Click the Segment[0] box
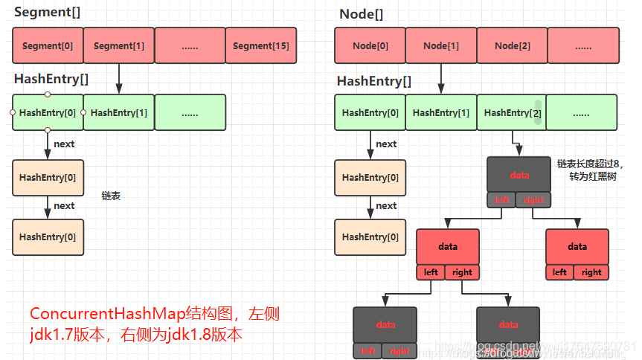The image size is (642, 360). click(48, 46)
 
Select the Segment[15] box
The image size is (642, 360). click(260, 46)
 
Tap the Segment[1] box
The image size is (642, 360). click(119, 46)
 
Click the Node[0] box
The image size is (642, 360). click(370, 46)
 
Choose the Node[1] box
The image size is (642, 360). click(441, 46)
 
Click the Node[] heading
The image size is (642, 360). click(362, 14)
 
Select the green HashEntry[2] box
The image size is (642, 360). click(510, 113)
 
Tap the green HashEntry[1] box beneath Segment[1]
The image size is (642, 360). click(119, 113)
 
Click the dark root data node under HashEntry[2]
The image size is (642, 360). click(519, 175)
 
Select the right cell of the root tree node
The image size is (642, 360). click(534, 200)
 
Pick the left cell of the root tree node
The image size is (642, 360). click(502, 200)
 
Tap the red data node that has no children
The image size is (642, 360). click(577, 246)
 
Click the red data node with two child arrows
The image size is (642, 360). click(448, 246)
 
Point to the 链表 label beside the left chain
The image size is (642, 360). click(111, 196)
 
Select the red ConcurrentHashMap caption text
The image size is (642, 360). click(154, 324)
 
